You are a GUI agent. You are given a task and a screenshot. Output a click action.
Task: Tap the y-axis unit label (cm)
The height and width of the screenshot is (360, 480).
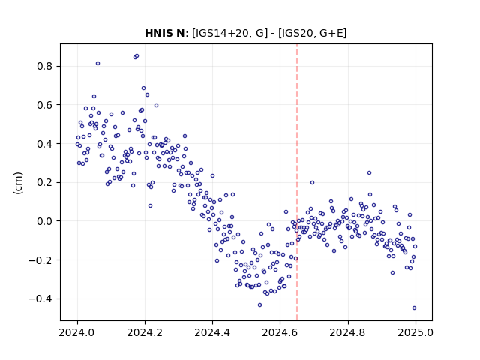(x=18, y=183)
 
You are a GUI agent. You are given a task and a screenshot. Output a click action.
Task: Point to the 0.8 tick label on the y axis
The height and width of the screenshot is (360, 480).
(x=44, y=66)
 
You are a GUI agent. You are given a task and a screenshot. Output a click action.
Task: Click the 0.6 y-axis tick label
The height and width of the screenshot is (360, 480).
(x=44, y=105)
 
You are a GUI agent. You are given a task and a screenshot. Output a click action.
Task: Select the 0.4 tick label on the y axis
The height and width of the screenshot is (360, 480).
(x=44, y=143)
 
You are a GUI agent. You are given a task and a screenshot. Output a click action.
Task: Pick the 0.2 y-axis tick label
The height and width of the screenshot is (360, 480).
(x=44, y=182)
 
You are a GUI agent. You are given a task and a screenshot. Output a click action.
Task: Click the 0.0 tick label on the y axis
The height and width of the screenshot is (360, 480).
(x=44, y=221)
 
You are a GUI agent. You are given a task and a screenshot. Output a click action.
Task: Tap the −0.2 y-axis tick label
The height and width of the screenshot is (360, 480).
(x=40, y=260)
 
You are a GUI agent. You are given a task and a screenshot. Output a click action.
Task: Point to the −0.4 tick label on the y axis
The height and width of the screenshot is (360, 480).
(x=40, y=298)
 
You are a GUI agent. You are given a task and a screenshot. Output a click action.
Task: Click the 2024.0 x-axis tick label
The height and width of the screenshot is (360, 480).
(x=77, y=332)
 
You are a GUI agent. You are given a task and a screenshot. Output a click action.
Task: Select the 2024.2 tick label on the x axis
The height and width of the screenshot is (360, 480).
(x=145, y=332)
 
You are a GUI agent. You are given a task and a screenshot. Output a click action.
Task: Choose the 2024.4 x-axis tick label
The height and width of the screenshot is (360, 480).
(x=212, y=332)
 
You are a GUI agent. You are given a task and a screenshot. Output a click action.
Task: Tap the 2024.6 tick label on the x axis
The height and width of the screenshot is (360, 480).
(x=280, y=332)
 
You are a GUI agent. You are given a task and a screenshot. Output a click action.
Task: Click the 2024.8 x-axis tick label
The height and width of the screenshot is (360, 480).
(x=347, y=332)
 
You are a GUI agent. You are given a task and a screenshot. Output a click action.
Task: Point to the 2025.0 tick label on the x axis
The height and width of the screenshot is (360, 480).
(x=415, y=332)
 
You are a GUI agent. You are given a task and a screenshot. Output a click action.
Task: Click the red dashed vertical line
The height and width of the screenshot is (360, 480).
(x=297, y=182)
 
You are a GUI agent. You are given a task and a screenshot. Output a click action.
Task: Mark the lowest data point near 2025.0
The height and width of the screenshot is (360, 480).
(x=414, y=308)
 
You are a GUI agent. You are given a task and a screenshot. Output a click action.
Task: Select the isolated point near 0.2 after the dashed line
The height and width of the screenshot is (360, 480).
(x=312, y=183)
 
